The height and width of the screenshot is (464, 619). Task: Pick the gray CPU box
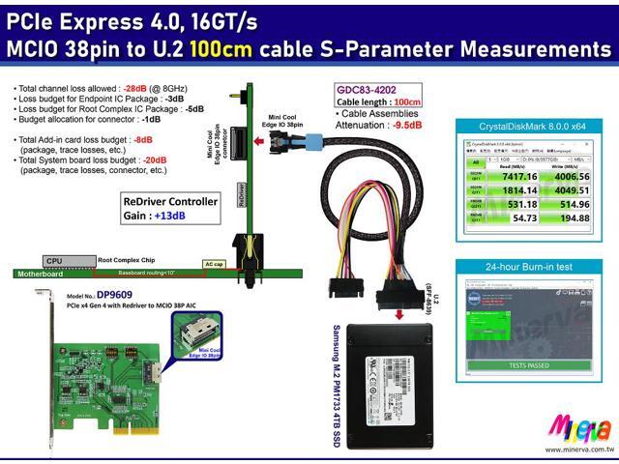coord(56,261)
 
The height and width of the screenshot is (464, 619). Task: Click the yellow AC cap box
coord(215,263)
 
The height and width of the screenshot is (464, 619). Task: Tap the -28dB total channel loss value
coord(135,89)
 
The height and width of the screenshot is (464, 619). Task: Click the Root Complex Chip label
coord(126,260)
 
